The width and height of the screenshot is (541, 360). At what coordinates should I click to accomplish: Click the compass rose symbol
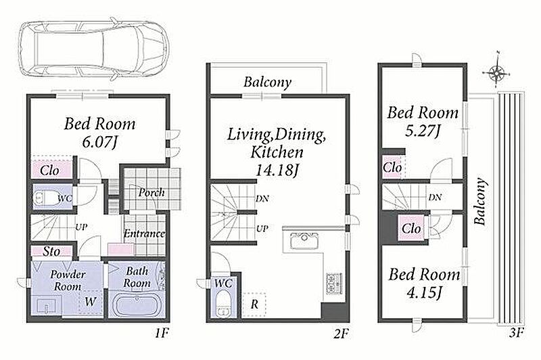click(496, 72)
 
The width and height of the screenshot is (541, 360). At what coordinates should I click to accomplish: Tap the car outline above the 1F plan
click(93, 51)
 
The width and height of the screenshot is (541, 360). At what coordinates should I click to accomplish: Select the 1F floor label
click(162, 333)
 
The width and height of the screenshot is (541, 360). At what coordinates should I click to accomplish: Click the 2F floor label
click(342, 334)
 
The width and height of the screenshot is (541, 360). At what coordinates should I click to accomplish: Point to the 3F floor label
click(517, 333)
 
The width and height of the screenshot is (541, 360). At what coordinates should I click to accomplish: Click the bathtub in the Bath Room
click(137, 305)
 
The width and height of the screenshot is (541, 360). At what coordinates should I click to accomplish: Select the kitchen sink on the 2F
click(304, 241)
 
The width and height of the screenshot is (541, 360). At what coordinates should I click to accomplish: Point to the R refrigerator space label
click(254, 305)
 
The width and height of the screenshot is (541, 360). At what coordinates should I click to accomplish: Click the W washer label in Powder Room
click(90, 302)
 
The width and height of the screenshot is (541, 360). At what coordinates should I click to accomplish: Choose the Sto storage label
click(51, 252)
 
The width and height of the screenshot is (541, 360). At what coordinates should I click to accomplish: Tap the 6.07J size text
click(98, 142)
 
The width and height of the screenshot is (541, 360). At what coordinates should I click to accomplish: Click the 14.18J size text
click(277, 170)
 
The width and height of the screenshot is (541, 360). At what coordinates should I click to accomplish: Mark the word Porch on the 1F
click(151, 193)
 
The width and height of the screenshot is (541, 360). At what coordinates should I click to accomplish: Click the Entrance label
click(145, 233)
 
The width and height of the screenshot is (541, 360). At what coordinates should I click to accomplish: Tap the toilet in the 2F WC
click(223, 304)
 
